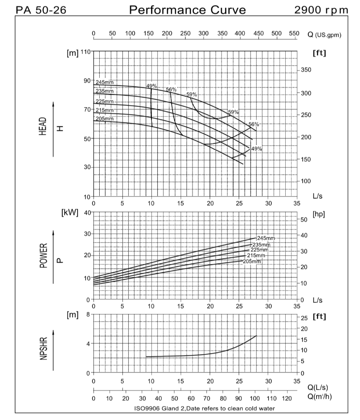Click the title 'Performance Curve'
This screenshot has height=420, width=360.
click(x=187, y=10)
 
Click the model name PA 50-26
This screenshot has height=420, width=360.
click(x=38, y=10)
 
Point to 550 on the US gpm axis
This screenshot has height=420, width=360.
click(x=294, y=34)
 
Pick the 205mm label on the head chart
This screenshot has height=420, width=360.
click(x=104, y=119)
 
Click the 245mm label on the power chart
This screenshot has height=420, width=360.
click(x=265, y=238)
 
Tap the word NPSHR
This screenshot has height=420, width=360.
click(x=44, y=350)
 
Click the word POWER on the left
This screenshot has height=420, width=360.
click(x=44, y=256)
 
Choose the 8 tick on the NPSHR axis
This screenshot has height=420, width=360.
click(x=87, y=314)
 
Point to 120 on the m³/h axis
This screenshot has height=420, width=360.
click(x=288, y=398)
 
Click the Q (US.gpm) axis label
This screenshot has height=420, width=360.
click(x=324, y=34)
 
